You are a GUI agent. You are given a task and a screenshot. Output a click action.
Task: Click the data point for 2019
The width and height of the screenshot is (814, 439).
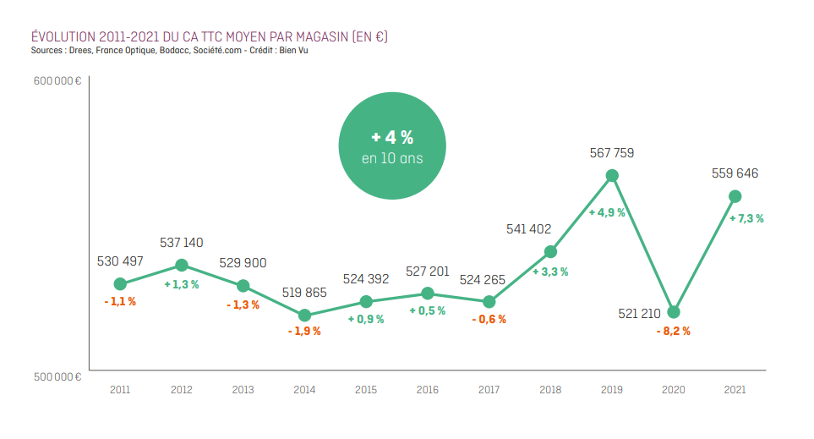pos(612,176)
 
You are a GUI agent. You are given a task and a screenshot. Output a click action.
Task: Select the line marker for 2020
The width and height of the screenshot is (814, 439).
pos(674,312)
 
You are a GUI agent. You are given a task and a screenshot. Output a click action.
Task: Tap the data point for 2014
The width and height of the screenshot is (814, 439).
pos(305,315)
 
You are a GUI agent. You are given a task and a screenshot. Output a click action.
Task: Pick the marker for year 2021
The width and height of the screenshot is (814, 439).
pos(735,196)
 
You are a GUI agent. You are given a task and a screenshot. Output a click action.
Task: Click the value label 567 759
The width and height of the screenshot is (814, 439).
pos(611,153)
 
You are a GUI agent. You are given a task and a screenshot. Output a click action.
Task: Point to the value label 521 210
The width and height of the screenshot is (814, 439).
pos(639,313)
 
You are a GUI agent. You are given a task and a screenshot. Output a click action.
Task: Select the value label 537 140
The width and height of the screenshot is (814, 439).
pos(181,243)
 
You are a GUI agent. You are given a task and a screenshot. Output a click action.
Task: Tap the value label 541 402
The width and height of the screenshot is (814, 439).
pos(528,229)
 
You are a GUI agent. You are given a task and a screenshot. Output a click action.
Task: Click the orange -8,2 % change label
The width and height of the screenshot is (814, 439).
pos(674,331)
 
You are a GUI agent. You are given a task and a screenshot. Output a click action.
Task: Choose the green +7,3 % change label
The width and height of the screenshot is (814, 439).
pos(746,219)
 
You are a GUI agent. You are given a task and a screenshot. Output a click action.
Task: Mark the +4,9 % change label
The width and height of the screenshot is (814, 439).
pos(607,212)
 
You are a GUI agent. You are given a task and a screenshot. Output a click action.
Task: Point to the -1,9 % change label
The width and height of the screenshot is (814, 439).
pos(305,331)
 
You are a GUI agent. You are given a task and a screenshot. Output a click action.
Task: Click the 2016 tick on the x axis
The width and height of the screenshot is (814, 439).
pos(427,390)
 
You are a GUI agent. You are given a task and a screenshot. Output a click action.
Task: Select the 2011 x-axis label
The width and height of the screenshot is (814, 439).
pos(120,390)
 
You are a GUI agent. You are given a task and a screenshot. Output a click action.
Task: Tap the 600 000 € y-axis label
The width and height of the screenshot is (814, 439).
pos(57,81)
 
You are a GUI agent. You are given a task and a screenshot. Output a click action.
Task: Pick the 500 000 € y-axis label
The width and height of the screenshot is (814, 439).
pos(57,376)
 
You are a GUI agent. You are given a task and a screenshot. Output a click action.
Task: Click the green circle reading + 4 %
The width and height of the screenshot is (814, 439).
pos(392,145)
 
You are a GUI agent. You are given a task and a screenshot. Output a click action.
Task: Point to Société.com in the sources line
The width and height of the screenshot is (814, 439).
pos(217,51)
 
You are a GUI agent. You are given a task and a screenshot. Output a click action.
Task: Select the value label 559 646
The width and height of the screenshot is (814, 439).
pos(735,173)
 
